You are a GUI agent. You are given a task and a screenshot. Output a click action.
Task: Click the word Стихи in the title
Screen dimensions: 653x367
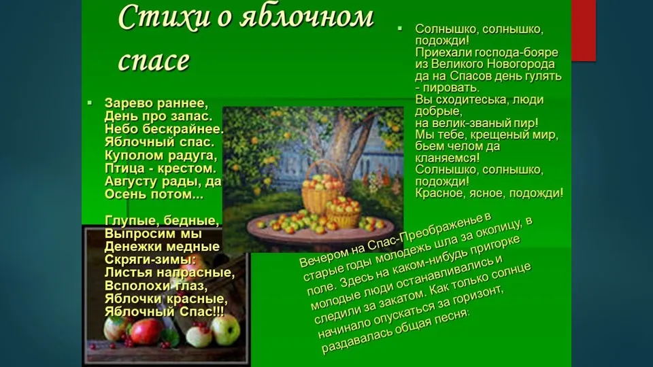click(x=164, y=18)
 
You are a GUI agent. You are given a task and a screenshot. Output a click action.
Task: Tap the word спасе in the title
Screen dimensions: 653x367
click(x=154, y=60)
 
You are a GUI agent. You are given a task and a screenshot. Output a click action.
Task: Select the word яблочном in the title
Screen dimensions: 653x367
click(x=307, y=18)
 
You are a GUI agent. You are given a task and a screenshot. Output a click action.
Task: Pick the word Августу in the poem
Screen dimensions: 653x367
click(x=131, y=182)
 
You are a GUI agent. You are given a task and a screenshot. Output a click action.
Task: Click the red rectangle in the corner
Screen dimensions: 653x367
click(x=584, y=31)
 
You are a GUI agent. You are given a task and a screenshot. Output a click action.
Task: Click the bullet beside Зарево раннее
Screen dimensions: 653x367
click(x=90, y=103)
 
